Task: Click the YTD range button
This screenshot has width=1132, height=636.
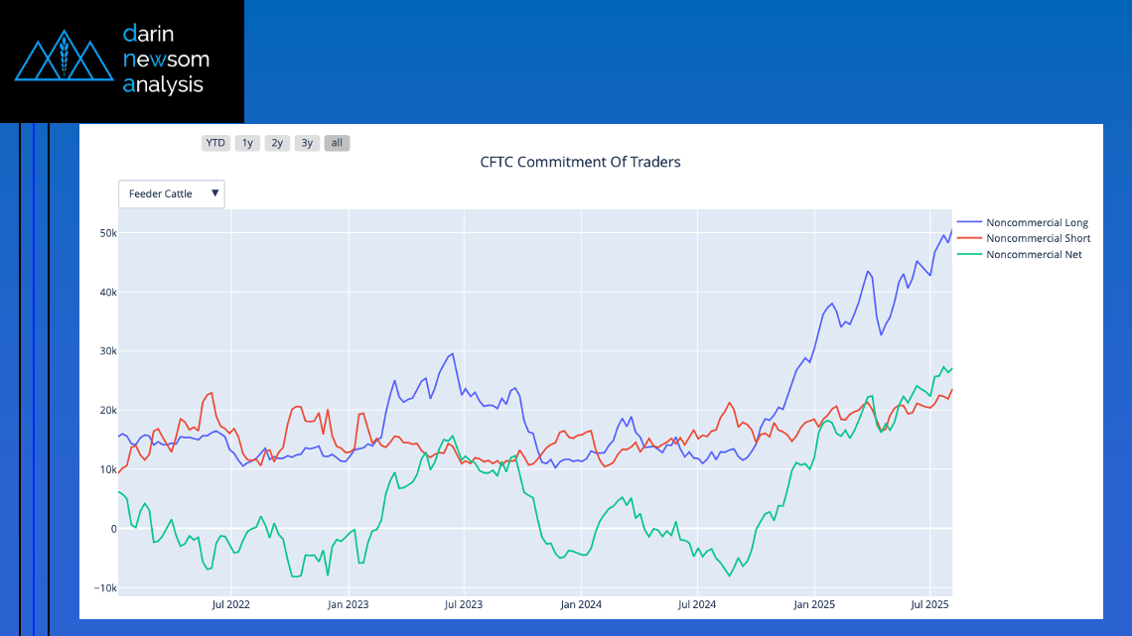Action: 214,143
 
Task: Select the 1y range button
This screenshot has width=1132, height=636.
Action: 247,143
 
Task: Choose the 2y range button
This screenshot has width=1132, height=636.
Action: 277,143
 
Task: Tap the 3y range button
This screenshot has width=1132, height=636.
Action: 307,143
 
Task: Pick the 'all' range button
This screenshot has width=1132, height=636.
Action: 337,143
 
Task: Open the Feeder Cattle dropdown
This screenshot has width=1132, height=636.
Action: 172,193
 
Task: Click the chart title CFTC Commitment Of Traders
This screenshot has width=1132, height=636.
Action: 580,162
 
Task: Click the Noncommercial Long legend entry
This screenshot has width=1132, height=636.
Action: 1037,222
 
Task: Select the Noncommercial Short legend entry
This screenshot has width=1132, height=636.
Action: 1038,238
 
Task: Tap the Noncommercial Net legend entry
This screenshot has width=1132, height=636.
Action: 1034,255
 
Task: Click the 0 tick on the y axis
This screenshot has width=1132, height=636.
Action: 112,529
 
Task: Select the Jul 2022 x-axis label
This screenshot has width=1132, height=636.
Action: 229,603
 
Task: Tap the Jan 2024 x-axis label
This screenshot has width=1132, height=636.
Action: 581,603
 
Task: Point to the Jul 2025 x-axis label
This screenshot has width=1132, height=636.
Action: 928,603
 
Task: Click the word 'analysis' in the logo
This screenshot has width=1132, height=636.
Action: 163,85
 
